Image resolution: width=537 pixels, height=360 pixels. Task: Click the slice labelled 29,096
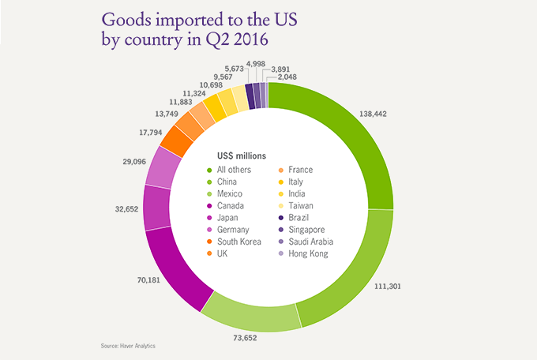point(163,165)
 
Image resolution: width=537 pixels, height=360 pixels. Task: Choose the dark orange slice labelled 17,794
point(178,139)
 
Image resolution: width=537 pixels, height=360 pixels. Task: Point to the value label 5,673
point(234,69)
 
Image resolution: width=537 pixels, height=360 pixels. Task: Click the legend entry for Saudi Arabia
point(310,242)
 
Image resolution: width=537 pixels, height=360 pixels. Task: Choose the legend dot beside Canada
point(209,206)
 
